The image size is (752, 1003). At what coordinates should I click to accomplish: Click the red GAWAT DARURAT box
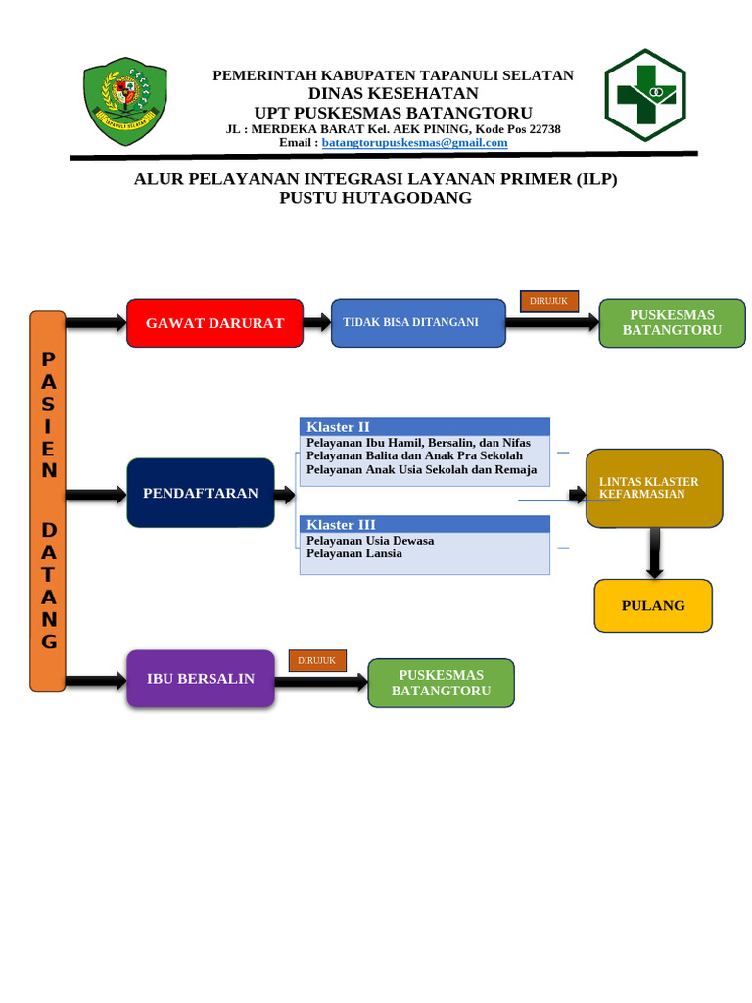coord(214,323)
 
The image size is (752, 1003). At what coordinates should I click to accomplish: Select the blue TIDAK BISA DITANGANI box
coord(418,323)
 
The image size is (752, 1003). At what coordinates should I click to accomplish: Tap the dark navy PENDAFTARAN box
coord(201,493)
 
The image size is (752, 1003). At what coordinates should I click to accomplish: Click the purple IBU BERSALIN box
coord(201,678)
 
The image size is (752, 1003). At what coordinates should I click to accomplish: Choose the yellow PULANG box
coord(653,605)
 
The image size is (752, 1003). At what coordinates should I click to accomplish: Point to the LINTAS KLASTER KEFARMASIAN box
coord(654,488)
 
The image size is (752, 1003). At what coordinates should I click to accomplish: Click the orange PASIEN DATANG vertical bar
coord(48,501)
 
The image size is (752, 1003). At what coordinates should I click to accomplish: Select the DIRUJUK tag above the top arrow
coord(549,301)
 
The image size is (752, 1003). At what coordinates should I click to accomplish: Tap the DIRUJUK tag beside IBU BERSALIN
coord(317,661)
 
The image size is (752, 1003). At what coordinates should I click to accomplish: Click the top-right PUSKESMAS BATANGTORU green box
coord(672,323)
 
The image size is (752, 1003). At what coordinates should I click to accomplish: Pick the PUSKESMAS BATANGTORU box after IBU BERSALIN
coord(441,683)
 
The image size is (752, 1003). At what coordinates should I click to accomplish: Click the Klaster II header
coord(424,427)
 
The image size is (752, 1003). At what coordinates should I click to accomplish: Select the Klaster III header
coord(424,524)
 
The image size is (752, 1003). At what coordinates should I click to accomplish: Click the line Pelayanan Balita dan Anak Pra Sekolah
coord(414,456)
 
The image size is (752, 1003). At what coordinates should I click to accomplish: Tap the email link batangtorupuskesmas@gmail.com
coord(414,143)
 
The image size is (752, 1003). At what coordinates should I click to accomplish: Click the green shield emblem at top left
coord(124,98)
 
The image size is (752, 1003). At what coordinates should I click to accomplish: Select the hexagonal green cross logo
coord(644,95)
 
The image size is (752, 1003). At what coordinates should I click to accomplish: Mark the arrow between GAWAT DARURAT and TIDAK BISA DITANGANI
coord(317,322)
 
